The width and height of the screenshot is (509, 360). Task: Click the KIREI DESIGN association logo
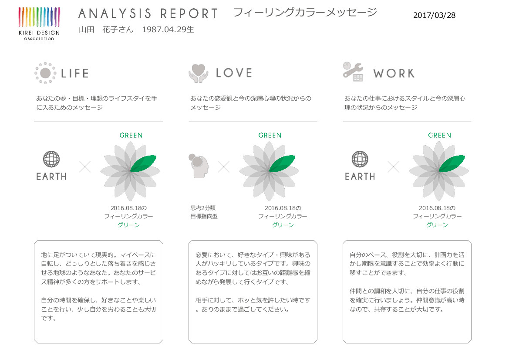coord(39,24)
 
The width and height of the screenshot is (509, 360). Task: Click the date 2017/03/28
coord(434,15)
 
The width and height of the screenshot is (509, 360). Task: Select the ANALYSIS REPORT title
coord(148,14)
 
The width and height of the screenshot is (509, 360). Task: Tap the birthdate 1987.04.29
coord(164,30)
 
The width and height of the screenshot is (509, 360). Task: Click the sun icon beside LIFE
coord(45,73)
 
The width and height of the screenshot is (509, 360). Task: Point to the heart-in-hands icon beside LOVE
coord(199,73)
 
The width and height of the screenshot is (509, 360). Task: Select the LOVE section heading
coord(234,73)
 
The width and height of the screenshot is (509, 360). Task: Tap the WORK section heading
coord(394,73)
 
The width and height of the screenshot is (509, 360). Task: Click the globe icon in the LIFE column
coord(51,159)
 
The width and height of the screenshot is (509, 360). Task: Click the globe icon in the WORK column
coord(360,159)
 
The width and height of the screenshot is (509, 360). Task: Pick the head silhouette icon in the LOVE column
coord(199,166)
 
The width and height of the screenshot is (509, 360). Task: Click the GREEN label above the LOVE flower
coord(270,136)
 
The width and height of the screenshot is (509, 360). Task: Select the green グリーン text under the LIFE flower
coord(128,225)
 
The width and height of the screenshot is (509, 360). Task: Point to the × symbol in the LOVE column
coord(224,167)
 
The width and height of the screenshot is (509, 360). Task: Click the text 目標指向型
coord(204,216)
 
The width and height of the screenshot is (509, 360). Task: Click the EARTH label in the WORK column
coord(360,177)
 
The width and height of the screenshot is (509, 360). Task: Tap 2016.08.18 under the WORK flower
coord(434,208)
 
